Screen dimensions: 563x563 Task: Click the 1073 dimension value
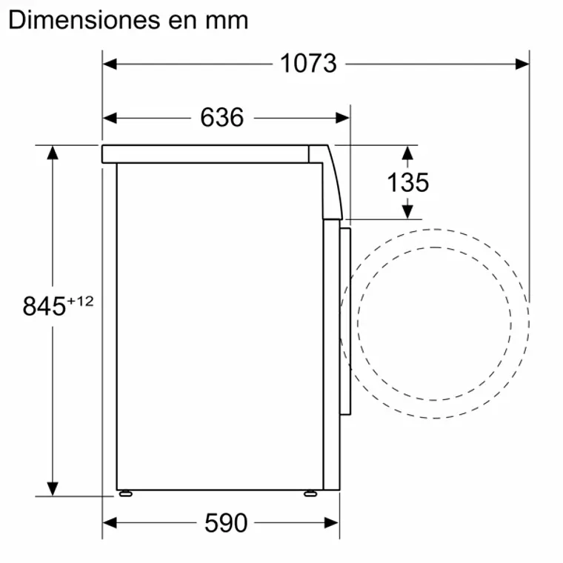coord(308,64)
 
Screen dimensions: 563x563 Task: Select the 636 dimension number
coord(221,117)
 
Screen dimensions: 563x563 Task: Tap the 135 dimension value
coord(407,182)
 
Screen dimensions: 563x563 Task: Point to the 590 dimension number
coord(226,523)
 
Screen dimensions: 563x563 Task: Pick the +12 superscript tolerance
coord(81,300)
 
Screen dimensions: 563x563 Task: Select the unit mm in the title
coord(226,21)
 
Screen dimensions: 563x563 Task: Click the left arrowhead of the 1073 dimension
coord(110,64)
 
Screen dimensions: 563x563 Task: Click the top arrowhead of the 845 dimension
coord(53,152)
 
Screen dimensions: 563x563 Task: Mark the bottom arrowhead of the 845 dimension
coord(53,489)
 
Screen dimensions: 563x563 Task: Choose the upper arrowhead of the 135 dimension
coord(407,152)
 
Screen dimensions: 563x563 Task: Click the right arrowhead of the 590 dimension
coord(332,523)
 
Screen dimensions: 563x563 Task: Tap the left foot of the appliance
coord(125,492)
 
